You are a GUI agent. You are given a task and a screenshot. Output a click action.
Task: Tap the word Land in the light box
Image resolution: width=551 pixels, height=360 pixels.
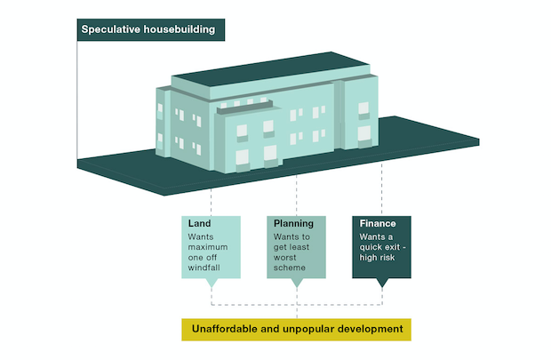point(199,223)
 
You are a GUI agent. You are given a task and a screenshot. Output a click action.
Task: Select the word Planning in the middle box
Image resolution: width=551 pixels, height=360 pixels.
point(292,223)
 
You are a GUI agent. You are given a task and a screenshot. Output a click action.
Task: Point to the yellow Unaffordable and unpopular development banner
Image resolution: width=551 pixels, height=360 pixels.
point(297,329)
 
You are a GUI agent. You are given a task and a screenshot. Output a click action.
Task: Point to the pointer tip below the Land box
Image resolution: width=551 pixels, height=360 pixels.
point(212,285)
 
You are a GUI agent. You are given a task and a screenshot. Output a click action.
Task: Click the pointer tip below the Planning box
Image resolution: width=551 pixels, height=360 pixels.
point(297,285)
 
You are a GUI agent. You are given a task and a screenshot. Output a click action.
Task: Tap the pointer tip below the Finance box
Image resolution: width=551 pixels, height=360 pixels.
point(382,285)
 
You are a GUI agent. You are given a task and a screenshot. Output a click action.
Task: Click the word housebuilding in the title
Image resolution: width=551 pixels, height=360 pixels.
point(180,29)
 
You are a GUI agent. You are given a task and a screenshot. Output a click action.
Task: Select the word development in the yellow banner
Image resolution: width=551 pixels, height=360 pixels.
point(366,329)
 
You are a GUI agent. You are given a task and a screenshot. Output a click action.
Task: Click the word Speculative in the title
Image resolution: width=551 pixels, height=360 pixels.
point(110,29)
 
